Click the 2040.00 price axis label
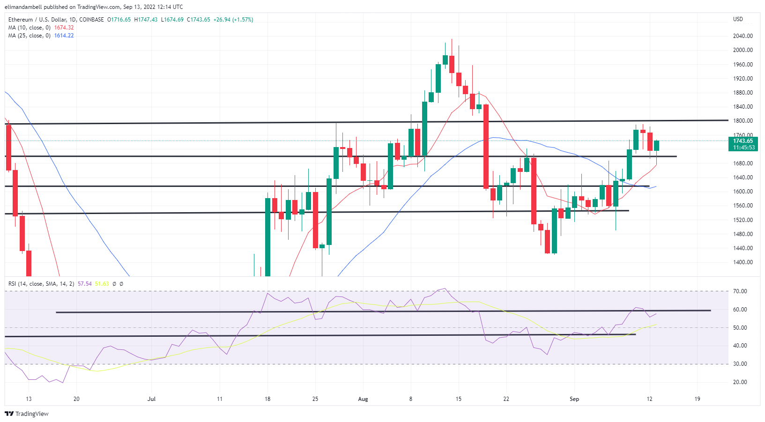pyautogui.click(x=743, y=36)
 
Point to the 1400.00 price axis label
pyautogui.click(x=743, y=262)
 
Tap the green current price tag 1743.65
pyautogui.click(x=743, y=141)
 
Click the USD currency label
pyautogui.click(x=738, y=19)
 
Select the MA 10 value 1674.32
pyautogui.click(x=64, y=28)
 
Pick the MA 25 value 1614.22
pyautogui.click(x=64, y=36)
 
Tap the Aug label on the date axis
pyautogui.click(x=363, y=399)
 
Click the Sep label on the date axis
pyautogui.click(x=574, y=399)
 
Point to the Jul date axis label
pyautogui.click(x=151, y=399)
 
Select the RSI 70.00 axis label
pyautogui.click(x=740, y=291)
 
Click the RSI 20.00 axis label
pyautogui.click(x=740, y=382)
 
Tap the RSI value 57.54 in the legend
pyautogui.click(x=85, y=284)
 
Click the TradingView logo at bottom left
pyautogui.click(x=27, y=414)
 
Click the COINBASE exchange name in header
pyautogui.click(x=92, y=20)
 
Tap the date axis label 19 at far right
pyautogui.click(x=698, y=399)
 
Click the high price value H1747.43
pyautogui.click(x=146, y=20)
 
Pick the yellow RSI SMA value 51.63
pyautogui.click(x=102, y=284)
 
